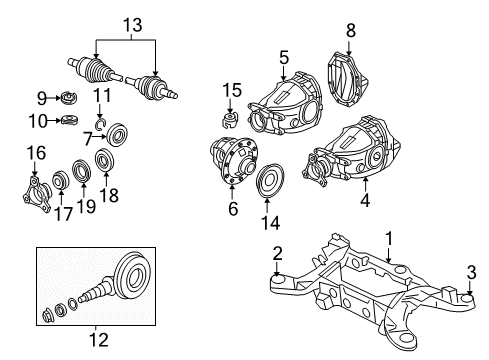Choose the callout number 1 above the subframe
[x=390, y=240]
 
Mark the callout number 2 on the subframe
[x=278, y=253]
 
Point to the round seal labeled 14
[x=268, y=184]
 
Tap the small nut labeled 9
[x=68, y=97]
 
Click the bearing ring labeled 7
[x=118, y=133]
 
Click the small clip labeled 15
[x=229, y=121]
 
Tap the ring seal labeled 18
[x=102, y=159]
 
